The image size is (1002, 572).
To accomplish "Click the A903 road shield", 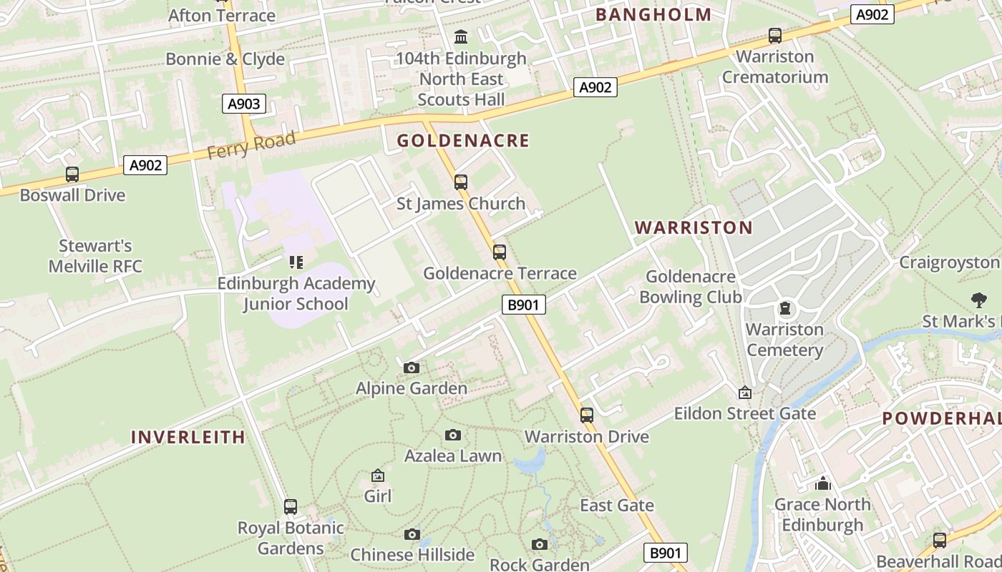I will pos(243,104).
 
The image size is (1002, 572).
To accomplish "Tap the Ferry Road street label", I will pos(251,145).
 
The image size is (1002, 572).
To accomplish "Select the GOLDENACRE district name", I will pos(463,141).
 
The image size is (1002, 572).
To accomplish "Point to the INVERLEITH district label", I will pos(188,437).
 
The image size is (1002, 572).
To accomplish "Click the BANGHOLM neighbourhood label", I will pos(653,14).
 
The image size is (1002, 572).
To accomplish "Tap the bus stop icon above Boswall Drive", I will pos(72,174).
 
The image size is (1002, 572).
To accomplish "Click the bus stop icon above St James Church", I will pos(461,182).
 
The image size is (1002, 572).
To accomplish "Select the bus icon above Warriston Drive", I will pos(587,415).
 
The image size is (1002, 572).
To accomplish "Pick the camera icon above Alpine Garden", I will pos(412,368).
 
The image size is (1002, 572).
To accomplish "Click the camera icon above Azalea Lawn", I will pos(453,435).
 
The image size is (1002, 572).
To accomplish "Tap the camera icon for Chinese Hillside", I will pos(412,534).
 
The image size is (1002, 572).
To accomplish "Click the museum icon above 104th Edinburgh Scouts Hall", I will pos(462,36).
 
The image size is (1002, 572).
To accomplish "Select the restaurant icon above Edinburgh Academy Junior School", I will pos(296,262).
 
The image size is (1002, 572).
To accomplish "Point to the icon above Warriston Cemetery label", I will pos(785,309).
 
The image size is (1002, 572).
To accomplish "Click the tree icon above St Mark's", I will pos(978,300).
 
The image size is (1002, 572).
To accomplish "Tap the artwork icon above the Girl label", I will pos(378,475).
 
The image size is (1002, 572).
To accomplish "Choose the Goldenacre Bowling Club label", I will pos(690,287).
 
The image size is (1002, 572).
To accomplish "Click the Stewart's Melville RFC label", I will pos(95,256).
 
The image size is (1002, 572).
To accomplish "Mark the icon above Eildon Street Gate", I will pos(745,393).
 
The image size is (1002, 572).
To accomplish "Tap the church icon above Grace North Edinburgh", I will pos(823,483).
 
